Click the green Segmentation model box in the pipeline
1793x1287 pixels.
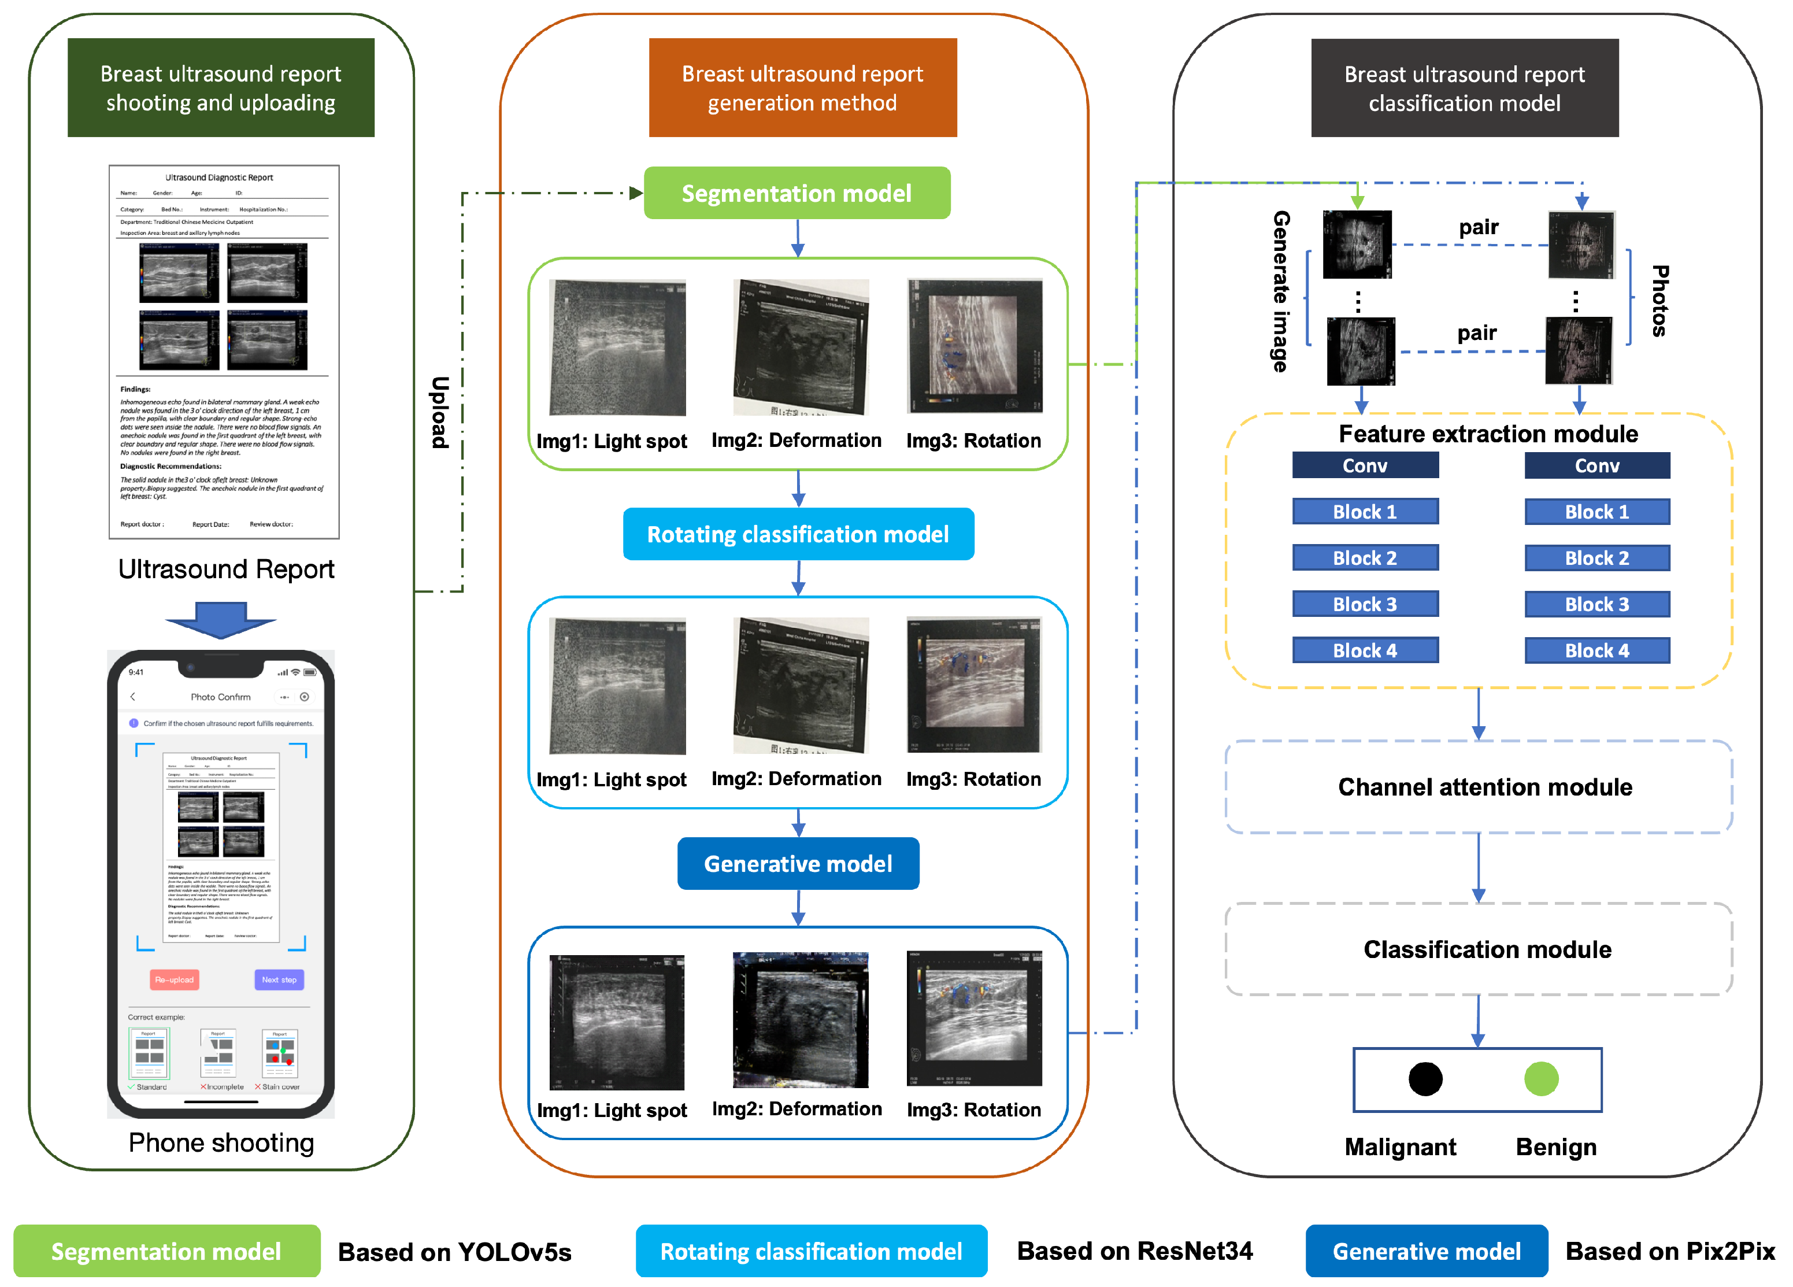pyautogui.click(x=797, y=193)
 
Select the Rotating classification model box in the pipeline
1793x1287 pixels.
pyautogui.click(x=798, y=534)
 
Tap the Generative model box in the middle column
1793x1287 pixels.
pyautogui.click(x=798, y=863)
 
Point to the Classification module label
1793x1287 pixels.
pyautogui.click(x=1486, y=949)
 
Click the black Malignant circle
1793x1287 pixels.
pyautogui.click(x=1425, y=1078)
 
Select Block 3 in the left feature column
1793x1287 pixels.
pyautogui.click(x=1365, y=604)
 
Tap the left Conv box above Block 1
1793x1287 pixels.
pyautogui.click(x=1365, y=465)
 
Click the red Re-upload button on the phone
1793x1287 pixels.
pyautogui.click(x=174, y=979)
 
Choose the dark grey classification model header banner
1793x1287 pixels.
pyautogui.click(x=1464, y=88)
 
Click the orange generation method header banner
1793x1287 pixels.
pyautogui.click(x=802, y=88)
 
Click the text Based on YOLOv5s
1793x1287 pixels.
pyautogui.click(x=454, y=1252)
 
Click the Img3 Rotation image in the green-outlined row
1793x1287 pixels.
pyautogui.click(x=974, y=346)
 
